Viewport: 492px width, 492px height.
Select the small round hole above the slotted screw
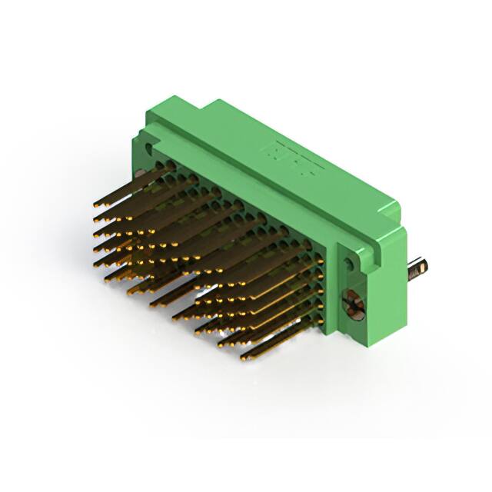click(351, 264)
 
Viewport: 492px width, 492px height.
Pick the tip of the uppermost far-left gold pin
click(95, 206)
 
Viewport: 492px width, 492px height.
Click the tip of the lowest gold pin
click(243, 357)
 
